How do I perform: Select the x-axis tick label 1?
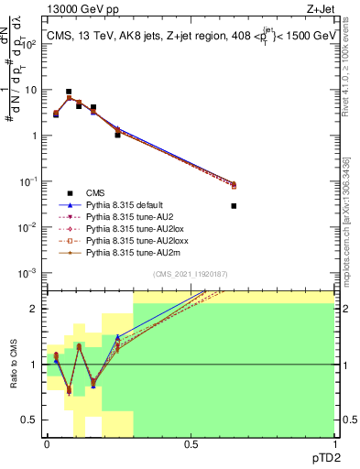point(334,443)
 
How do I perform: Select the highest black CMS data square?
point(69,92)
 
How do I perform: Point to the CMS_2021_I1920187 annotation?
point(190,273)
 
